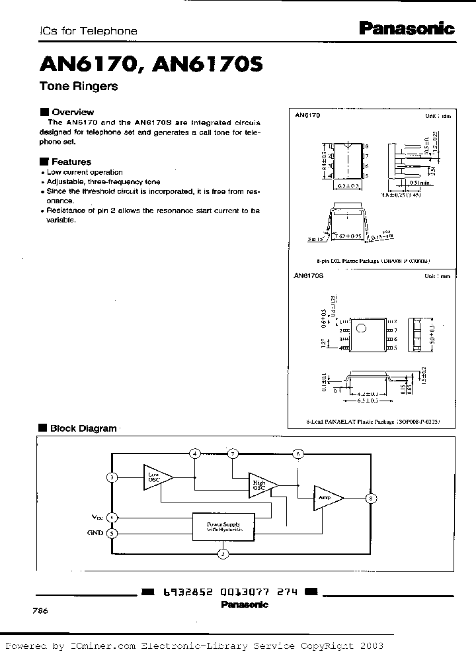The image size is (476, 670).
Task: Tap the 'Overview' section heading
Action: pos(72,112)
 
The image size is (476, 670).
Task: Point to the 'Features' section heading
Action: pos(71,162)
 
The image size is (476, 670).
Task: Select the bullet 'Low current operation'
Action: pos(84,172)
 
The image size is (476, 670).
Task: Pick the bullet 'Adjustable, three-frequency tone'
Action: pos(103,181)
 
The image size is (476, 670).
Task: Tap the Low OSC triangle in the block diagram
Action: pos(156,477)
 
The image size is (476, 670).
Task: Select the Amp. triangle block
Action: pos(327,497)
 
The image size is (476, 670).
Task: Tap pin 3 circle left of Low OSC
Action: pos(112,477)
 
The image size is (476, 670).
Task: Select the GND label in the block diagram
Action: pos(95,532)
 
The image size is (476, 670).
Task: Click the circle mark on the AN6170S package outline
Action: pos(360,328)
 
